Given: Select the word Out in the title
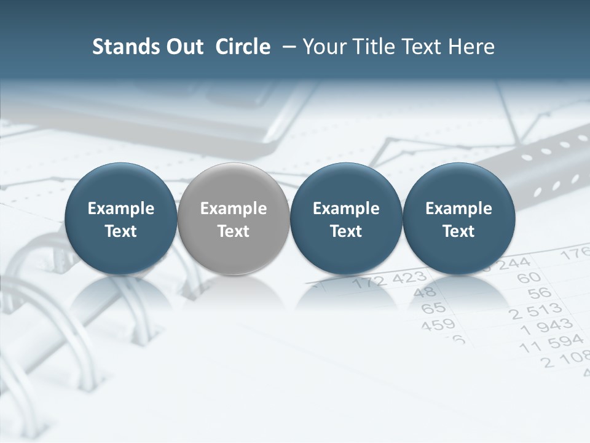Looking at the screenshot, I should (183, 47).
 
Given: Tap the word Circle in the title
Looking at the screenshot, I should (243, 47).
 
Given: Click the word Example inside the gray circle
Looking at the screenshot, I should (234, 209).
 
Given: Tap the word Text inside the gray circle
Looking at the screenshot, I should (234, 231).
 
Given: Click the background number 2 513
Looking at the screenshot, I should (535, 311).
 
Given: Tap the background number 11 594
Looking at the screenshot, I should (551, 344).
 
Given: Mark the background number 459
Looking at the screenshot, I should (438, 324).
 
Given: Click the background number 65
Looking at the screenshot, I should (433, 307).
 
